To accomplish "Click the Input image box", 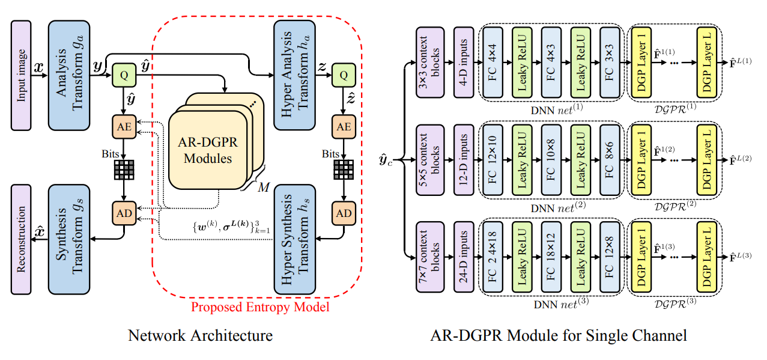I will pyautogui.click(x=21, y=75).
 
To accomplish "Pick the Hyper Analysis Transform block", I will pyautogui.click(x=294, y=75).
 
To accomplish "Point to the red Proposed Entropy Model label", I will pyautogui.click(x=260, y=307).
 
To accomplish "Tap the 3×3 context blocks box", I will pyautogui.click(x=430, y=62).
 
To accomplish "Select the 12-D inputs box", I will pyautogui.click(x=464, y=160).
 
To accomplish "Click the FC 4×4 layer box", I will pyautogui.click(x=493, y=62).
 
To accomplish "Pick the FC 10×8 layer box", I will pyautogui.click(x=551, y=160).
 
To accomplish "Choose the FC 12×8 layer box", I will pyautogui.click(x=610, y=259).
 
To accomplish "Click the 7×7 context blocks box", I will pyautogui.click(x=430, y=259).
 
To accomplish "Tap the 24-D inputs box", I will pyautogui.click(x=464, y=259).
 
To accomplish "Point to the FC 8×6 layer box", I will pyautogui.click(x=610, y=160).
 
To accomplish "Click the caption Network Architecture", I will pyautogui.click(x=200, y=335).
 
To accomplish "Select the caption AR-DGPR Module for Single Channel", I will pyautogui.click(x=559, y=335).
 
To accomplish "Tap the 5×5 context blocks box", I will pyautogui.click(x=430, y=160).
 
